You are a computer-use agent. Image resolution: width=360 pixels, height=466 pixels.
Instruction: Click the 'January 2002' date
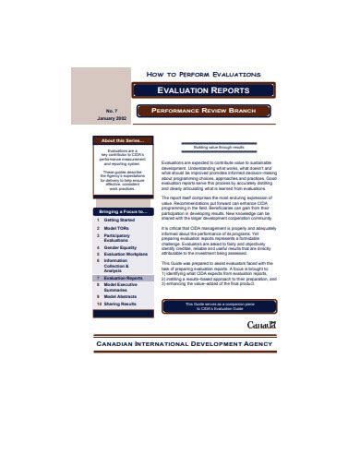pyautogui.click(x=113, y=117)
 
